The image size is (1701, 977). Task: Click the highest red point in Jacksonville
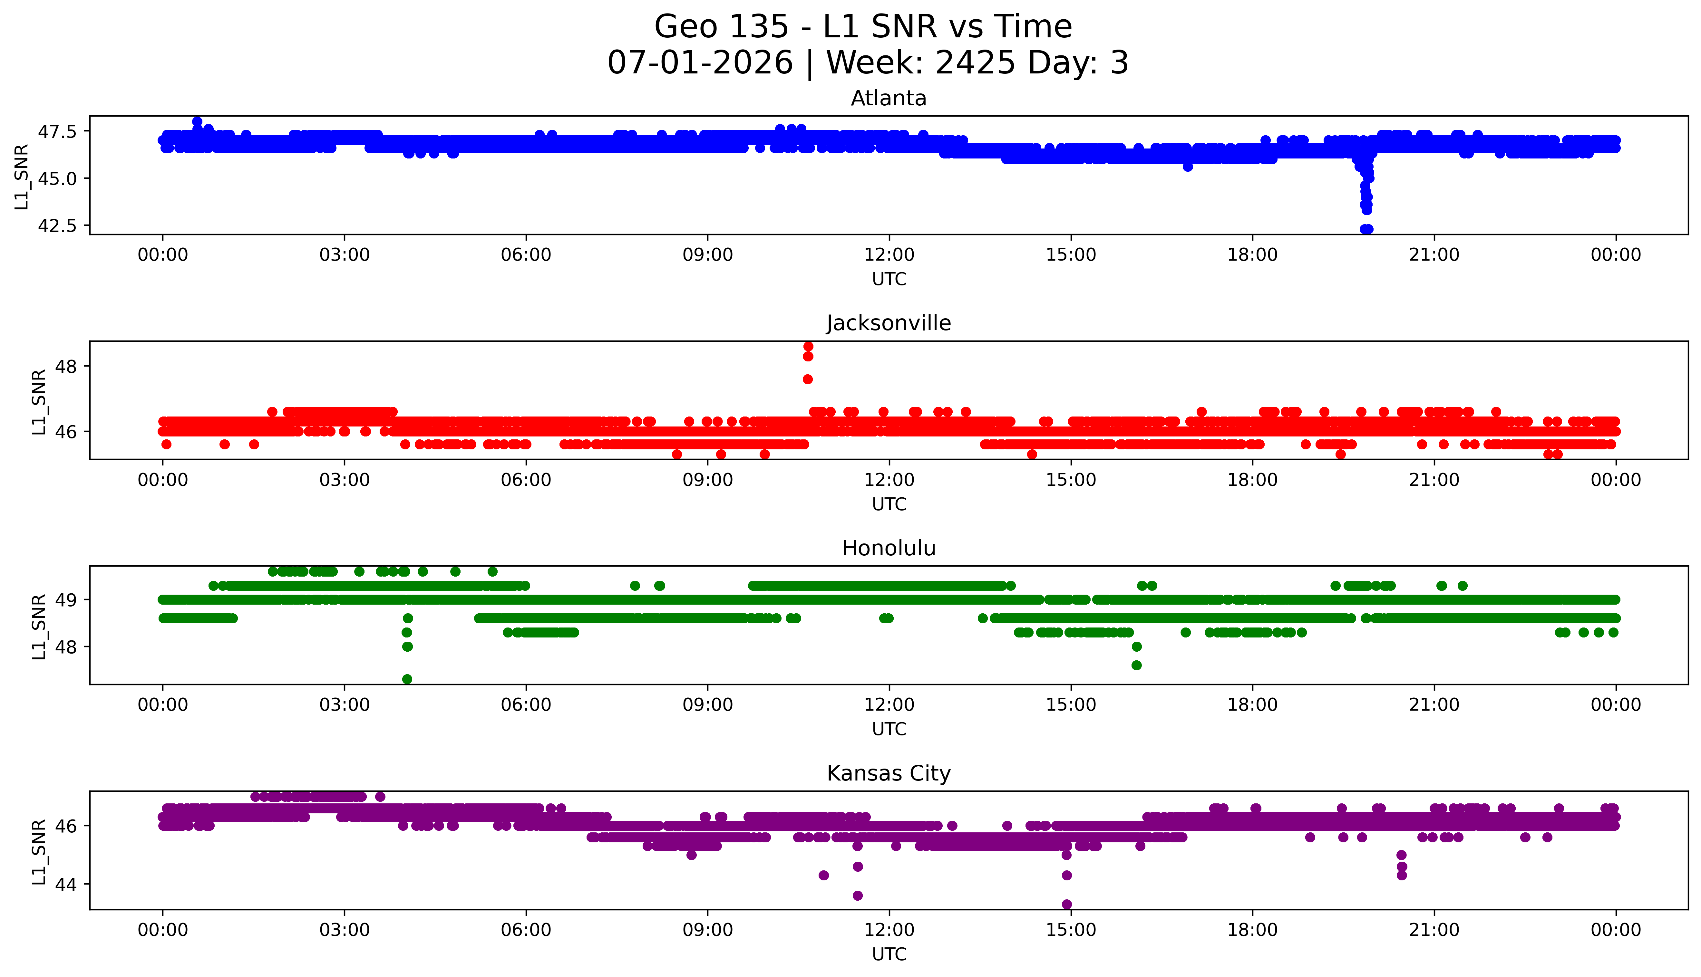[808, 346]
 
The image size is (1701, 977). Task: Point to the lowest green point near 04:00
[407, 679]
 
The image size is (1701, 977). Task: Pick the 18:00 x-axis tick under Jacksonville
[1253, 480]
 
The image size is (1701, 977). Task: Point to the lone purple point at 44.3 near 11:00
[824, 875]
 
